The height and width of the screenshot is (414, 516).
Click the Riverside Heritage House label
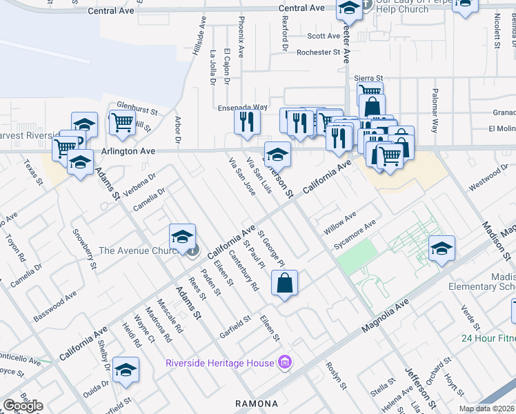[220, 363]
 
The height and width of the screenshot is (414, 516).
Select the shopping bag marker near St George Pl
[284, 282]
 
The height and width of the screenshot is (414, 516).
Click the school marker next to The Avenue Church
[182, 237]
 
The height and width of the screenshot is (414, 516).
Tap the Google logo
[23, 406]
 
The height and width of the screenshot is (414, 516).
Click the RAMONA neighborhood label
[256, 404]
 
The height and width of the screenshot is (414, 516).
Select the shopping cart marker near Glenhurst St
[123, 123]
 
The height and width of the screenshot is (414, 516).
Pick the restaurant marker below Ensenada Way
[246, 121]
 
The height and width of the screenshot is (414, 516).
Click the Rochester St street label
[319, 52]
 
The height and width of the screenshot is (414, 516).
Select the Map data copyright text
[487, 408]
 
